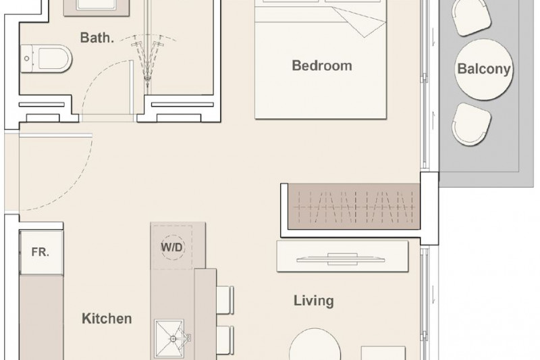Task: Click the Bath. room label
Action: (97, 38)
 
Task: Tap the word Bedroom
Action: (322, 66)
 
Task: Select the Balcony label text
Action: (483, 69)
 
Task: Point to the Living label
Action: (314, 301)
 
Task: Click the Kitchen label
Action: (107, 319)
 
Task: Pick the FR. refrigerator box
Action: (41, 252)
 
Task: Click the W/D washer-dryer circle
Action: (173, 247)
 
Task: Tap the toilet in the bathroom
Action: (46, 59)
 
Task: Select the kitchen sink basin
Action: (169, 338)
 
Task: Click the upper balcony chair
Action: (471, 16)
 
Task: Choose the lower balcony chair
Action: (471, 124)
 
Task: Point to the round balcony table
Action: (483, 70)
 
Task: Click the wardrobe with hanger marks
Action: (354, 207)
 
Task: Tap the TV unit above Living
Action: (343, 256)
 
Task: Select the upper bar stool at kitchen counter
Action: (225, 300)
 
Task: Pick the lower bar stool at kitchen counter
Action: (225, 340)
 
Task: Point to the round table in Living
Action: (315, 344)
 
